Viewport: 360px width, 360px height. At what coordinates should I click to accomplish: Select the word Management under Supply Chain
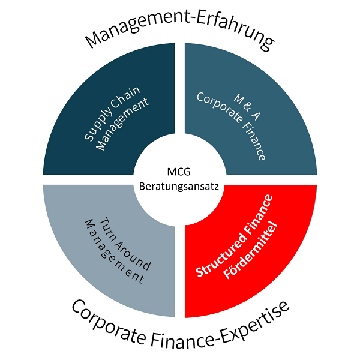122,124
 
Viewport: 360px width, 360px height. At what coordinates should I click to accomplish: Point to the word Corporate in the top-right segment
220,107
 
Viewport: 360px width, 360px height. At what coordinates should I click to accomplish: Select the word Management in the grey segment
114,251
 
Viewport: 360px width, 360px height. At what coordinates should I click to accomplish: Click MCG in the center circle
179,172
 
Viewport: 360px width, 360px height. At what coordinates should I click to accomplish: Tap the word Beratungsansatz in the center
179,187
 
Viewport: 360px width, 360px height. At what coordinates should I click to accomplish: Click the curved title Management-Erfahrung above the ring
179,28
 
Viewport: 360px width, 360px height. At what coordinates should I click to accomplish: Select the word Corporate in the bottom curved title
109,324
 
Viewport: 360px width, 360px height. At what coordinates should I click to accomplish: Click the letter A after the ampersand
256,115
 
